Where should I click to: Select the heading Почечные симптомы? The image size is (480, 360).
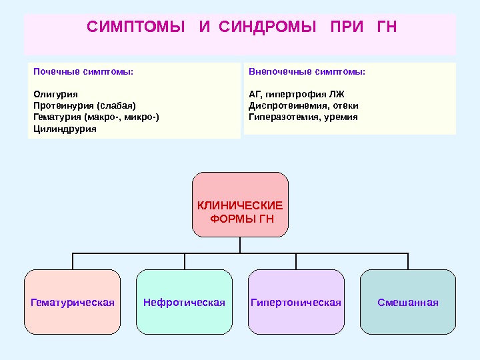click(x=83, y=71)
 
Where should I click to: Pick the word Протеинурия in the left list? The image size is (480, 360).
click(x=63, y=105)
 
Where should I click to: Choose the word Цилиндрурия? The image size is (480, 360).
click(x=65, y=129)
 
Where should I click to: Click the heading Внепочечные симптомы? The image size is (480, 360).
click(x=307, y=71)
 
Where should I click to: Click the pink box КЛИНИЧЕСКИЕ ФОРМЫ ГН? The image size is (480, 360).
click(x=240, y=205)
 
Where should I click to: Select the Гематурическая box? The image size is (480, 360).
click(x=73, y=302)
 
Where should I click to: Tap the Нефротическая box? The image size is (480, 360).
click(x=185, y=302)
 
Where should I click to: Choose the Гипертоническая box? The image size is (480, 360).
click(x=296, y=302)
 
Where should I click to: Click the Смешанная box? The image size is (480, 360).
click(x=408, y=302)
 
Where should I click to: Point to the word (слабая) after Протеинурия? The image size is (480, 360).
click(x=116, y=105)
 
